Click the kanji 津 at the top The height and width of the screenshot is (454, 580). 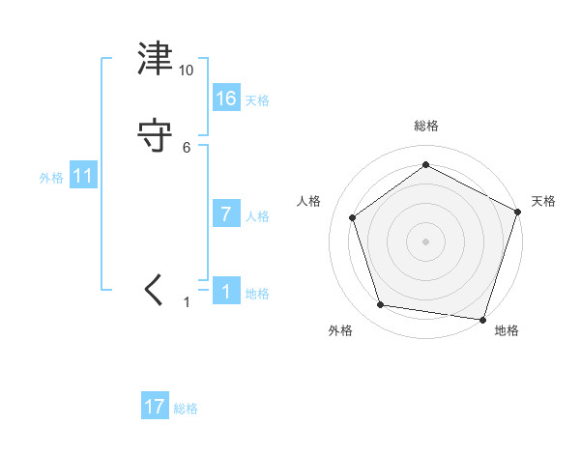click(156, 60)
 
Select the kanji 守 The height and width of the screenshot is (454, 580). click(156, 136)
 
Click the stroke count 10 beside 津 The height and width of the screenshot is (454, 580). click(187, 71)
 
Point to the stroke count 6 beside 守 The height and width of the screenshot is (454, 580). click(187, 147)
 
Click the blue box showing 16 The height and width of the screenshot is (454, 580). click(226, 98)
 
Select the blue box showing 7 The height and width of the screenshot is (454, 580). click(226, 214)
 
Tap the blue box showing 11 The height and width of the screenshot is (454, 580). click(83, 176)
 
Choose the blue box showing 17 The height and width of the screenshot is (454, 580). click(155, 407)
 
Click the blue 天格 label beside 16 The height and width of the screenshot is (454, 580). click(257, 100)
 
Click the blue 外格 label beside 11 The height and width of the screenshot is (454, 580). click(51, 179)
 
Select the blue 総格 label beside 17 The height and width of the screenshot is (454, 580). click(186, 410)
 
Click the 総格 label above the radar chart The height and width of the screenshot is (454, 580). click(425, 126)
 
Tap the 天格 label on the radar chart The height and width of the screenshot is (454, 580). click(543, 201)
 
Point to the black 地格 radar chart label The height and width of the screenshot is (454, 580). click(507, 331)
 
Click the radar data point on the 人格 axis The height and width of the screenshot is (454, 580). click(353, 217)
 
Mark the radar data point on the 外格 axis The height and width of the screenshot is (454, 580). click(381, 305)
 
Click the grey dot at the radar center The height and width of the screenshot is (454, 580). click(425, 241)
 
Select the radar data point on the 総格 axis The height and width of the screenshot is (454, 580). click(425, 164)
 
